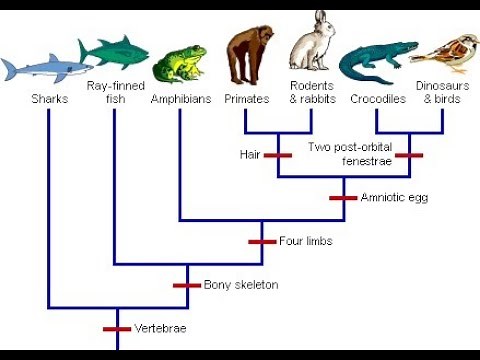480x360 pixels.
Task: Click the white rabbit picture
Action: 313,45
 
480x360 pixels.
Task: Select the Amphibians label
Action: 180,99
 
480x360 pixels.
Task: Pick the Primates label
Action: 246,99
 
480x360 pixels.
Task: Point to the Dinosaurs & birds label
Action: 443,93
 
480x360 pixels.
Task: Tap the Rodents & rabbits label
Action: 312,93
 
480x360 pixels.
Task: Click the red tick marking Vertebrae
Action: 117,328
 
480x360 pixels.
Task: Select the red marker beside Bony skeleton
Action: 187,285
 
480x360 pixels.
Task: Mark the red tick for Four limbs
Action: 262,241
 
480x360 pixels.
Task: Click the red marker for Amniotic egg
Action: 343,198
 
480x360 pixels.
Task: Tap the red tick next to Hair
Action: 277,155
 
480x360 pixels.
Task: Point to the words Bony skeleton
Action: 241,285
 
